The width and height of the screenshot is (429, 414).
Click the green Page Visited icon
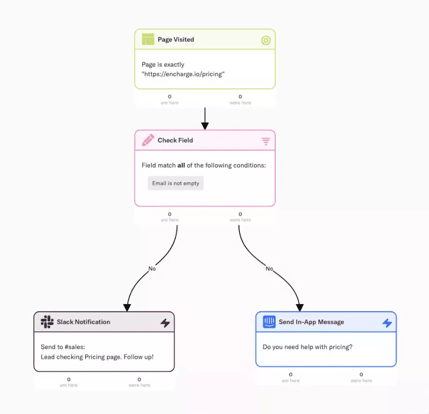[148, 39]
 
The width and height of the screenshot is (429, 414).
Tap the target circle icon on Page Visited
[266, 40]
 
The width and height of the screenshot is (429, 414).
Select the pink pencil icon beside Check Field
[148, 140]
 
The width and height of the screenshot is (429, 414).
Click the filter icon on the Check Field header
[266, 141]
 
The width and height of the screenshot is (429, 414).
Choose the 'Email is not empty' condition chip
[176, 183]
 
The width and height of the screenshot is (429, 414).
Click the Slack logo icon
[47, 322]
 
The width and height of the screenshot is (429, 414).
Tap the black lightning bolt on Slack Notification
[165, 323]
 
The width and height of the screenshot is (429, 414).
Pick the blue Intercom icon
[269, 322]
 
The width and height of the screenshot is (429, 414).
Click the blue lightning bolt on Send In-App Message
[387, 323]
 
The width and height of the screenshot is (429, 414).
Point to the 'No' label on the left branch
[152, 269]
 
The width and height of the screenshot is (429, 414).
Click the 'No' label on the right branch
[269, 269]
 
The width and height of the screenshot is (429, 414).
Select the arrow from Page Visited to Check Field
[205, 119]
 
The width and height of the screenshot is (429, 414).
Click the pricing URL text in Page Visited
[183, 74]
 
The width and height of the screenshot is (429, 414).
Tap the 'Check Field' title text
[176, 140]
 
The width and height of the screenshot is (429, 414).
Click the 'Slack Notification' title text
[84, 322]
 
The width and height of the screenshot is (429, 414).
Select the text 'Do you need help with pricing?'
[308, 347]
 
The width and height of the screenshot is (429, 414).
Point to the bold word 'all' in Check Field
[181, 165]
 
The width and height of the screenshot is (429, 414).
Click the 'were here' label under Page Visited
[240, 103]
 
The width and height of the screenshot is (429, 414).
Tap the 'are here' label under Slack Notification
[69, 385]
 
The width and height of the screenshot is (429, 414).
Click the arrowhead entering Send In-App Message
[299, 307]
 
